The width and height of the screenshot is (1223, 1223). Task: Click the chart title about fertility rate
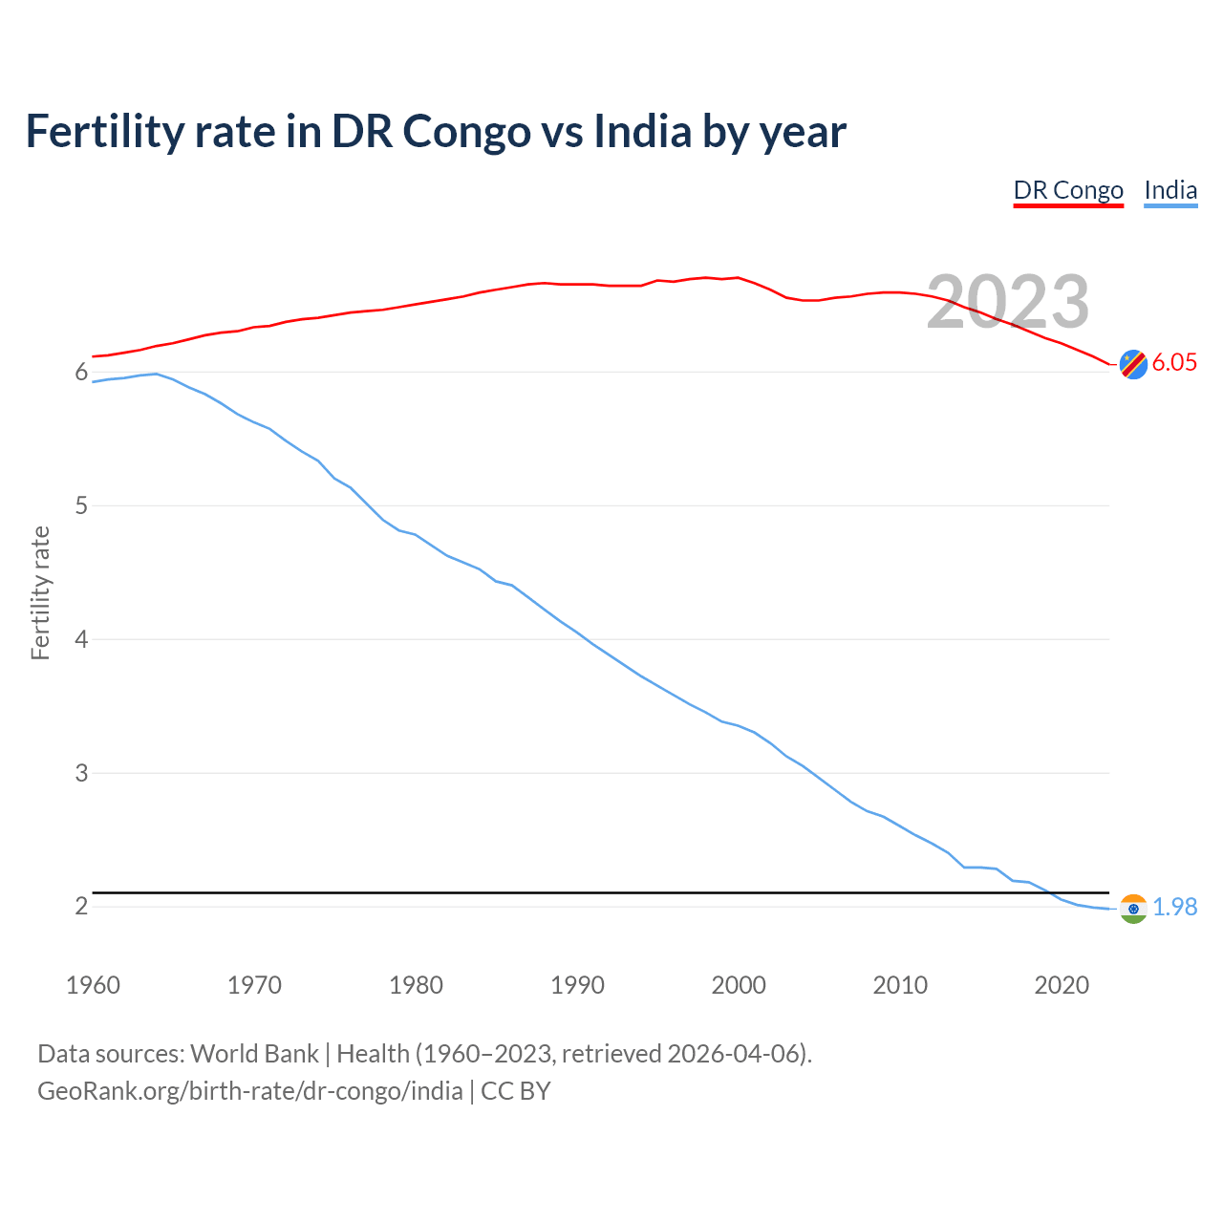[x=436, y=132]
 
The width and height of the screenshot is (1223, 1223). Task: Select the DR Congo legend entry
[x=1068, y=190]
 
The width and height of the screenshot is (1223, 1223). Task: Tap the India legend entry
[x=1170, y=190]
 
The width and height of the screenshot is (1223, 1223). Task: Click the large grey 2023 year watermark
[x=1008, y=302]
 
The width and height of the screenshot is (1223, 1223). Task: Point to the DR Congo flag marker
[x=1133, y=364]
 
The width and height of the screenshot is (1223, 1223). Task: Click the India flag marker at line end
[x=1133, y=909]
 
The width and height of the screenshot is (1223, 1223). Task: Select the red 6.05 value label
[x=1174, y=362]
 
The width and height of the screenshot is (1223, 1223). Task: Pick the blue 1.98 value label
[x=1174, y=907]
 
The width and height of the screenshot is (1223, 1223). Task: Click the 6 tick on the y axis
[x=81, y=372]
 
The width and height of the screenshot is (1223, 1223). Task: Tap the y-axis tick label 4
[x=81, y=639]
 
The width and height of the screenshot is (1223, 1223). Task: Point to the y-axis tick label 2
[x=81, y=906]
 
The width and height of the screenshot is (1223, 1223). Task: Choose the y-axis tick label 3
[x=81, y=773]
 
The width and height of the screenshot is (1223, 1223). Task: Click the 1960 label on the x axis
[x=93, y=985]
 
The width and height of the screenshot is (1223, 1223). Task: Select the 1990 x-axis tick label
[x=577, y=985]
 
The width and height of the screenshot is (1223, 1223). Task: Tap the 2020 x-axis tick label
[x=1062, y=985]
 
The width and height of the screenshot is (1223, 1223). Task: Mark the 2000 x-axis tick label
[x=739, y=985]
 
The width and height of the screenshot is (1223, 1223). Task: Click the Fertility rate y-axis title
[x=40, y=592]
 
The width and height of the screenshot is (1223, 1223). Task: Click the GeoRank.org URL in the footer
[x=249, y=1091]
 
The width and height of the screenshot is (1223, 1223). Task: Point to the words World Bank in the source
[x=254, y=1054]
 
